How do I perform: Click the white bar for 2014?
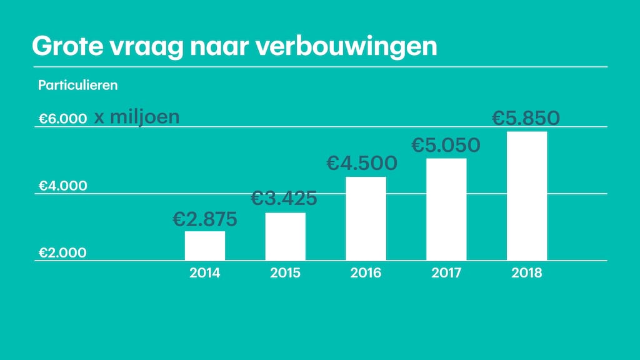205,246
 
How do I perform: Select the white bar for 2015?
286,236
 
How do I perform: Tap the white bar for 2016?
366,219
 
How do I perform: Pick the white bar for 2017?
446,209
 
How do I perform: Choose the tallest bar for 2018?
527,196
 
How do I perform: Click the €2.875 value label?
205,219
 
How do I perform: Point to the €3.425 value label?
284,199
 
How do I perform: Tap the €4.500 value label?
362,163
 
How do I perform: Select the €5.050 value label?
446,145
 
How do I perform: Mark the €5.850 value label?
526,117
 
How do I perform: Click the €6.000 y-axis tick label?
62,119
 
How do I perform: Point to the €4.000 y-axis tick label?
62,186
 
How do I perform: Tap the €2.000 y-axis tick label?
62,252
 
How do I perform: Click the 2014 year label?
205,273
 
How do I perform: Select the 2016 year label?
366,273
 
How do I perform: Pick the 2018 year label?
527,273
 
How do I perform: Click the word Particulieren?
77,85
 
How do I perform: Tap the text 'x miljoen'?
137,117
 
